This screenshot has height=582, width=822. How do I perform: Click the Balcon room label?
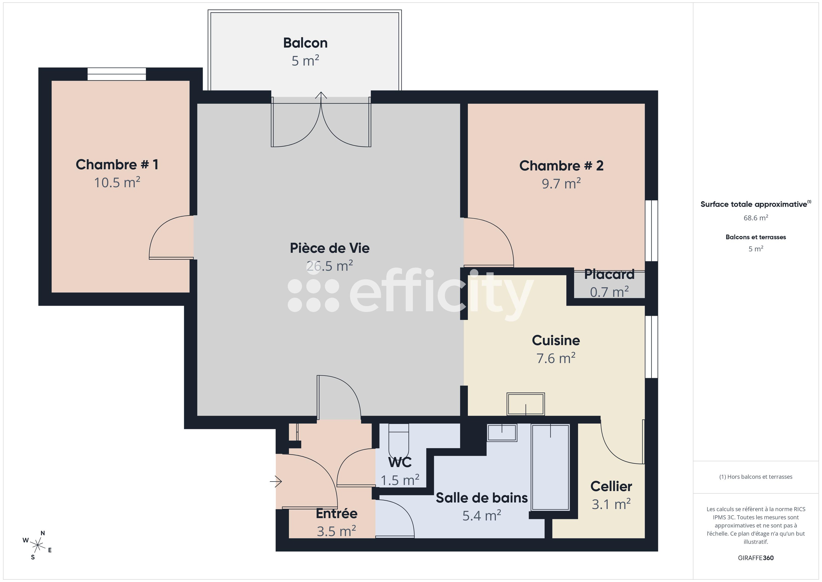coord(305,43)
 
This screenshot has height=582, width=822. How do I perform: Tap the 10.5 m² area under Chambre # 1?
coord(117,183)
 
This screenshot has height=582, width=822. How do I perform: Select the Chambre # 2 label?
coord(561,166)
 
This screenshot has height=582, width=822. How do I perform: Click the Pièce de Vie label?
coord(329,248)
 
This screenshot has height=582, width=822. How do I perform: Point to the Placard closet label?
coord(609,274)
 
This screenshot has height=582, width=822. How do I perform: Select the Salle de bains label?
coord(481,498)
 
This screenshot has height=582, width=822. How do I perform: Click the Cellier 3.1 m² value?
coord(611,505)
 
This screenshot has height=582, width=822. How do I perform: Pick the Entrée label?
coord(336,514)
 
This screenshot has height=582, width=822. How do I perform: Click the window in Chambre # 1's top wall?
coord(117,74)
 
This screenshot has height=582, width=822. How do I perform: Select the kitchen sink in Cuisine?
coord(525,404)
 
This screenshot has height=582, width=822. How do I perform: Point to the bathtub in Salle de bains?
coord(550,467)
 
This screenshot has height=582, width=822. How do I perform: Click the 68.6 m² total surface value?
coord(755,218)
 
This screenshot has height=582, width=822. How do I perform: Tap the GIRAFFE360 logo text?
coord(755,558)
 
